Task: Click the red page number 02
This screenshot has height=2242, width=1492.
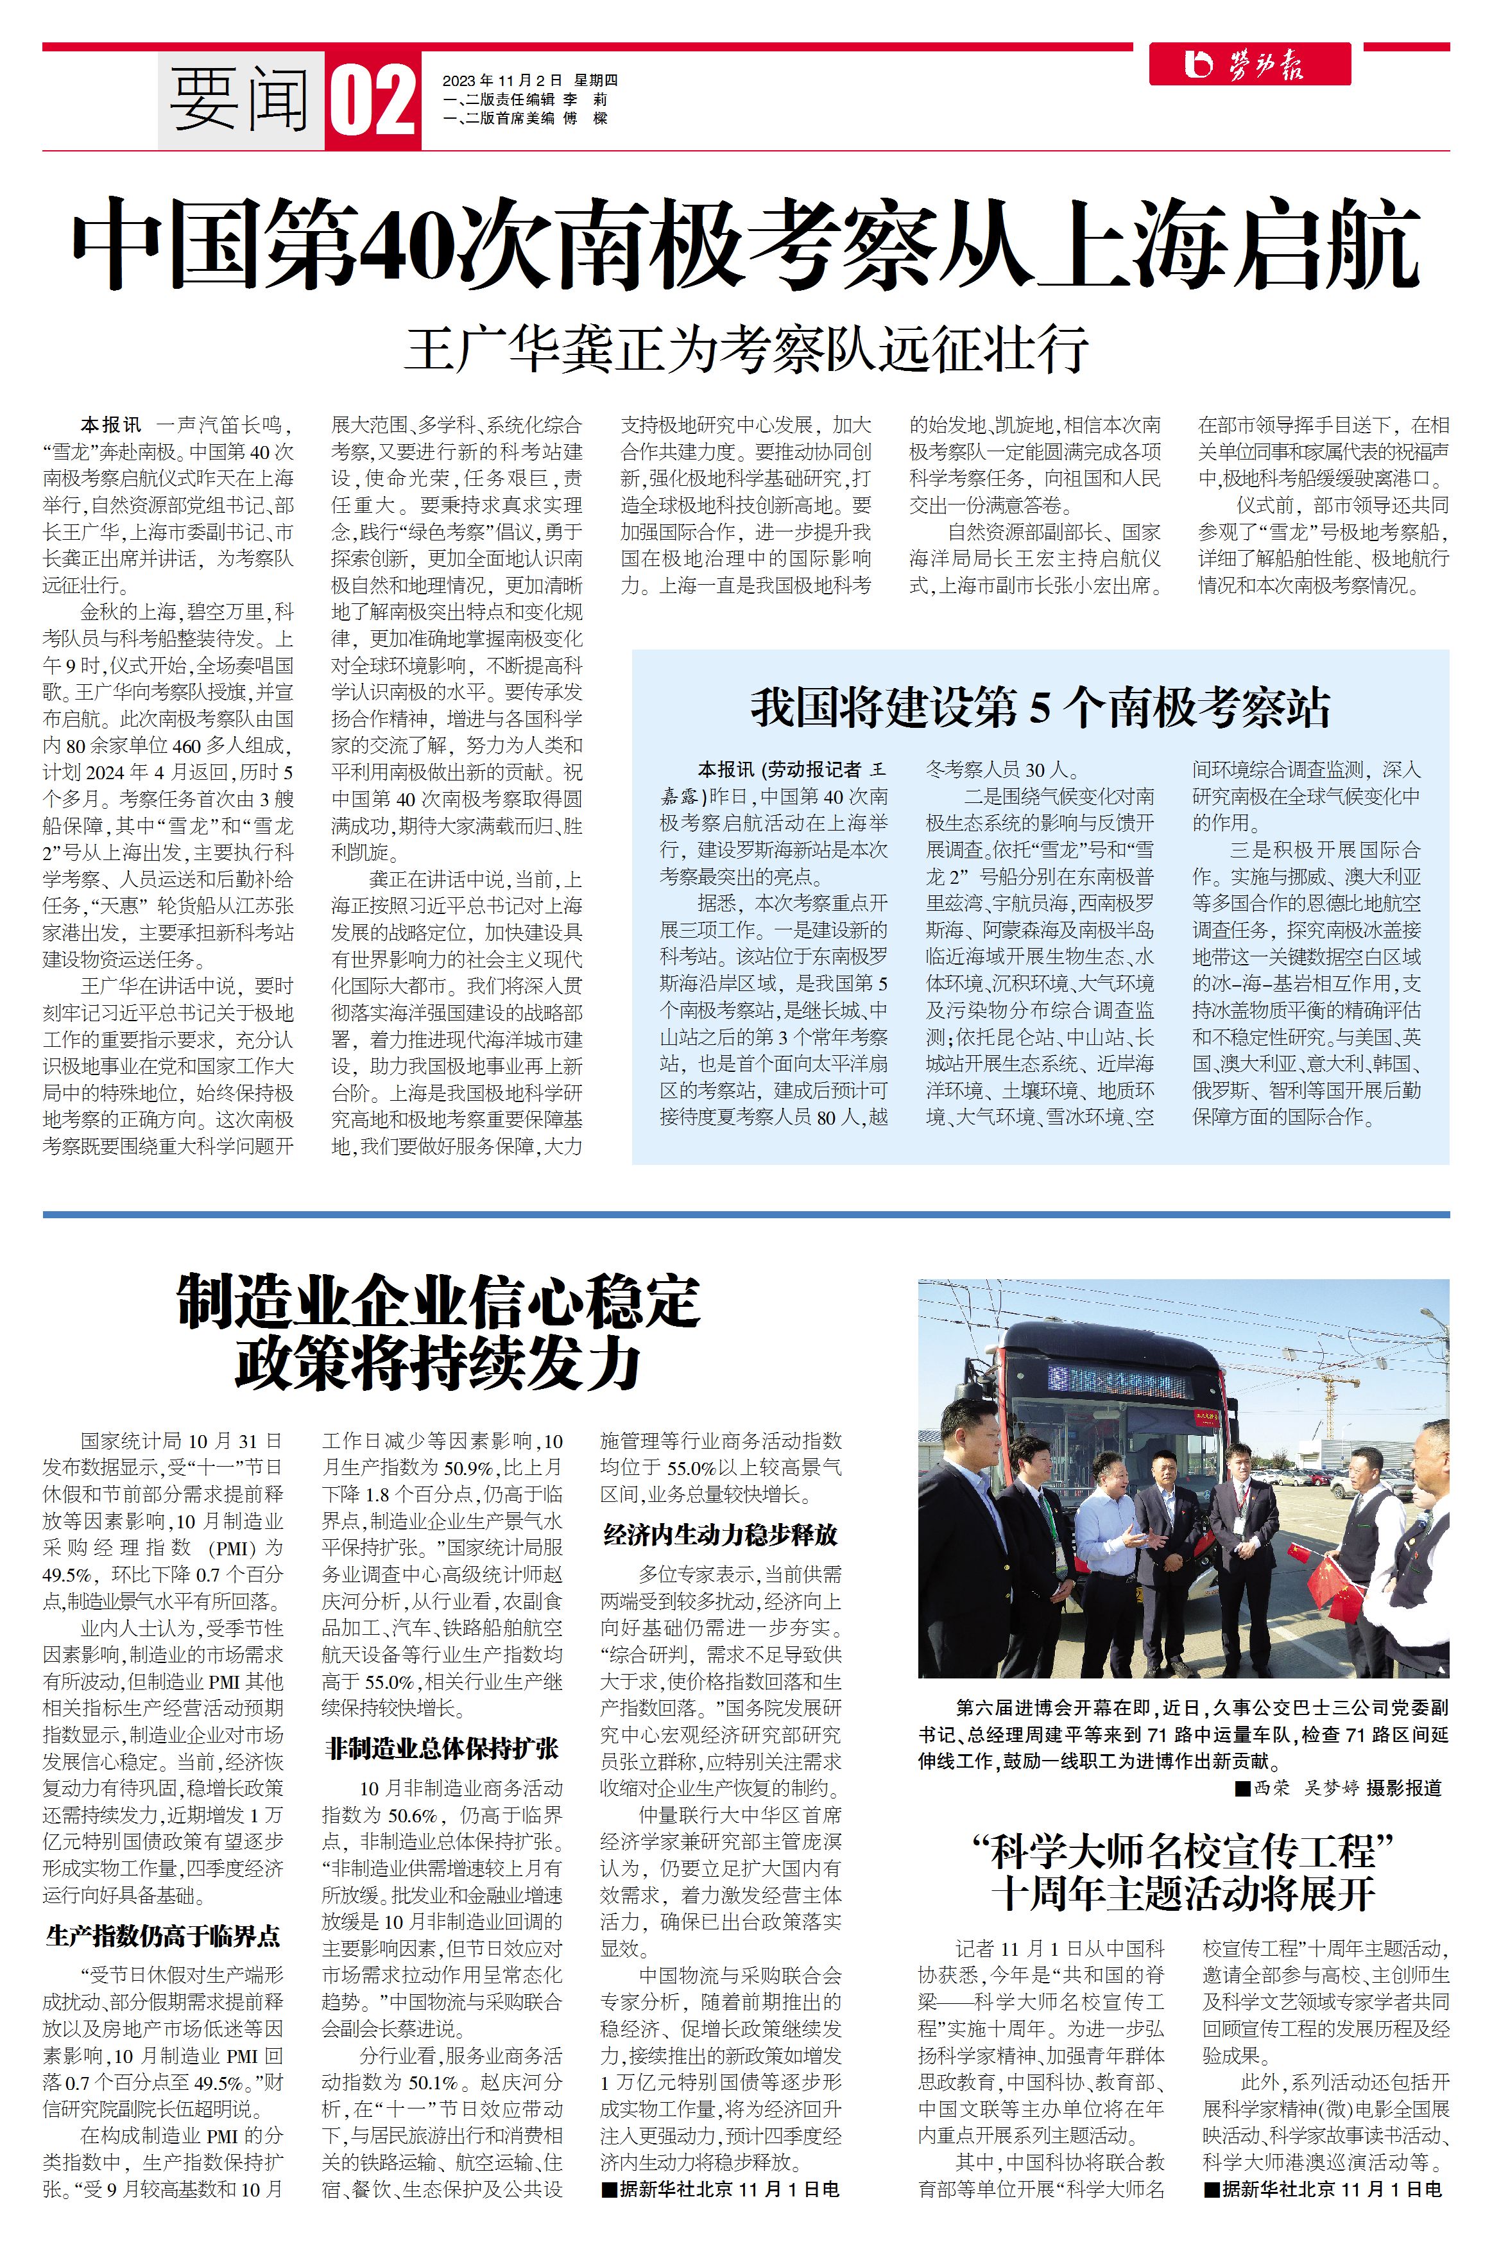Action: coord(373,101)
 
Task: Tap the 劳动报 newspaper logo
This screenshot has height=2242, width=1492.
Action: coord(1249,65)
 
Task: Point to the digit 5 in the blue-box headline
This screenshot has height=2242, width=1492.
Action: coord(1040,708)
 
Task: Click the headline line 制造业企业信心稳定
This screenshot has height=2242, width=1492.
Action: coord(439,1302)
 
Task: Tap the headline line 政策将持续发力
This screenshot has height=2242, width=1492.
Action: coord(439,1363)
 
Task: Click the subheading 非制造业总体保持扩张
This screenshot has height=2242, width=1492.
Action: coord(442,1748)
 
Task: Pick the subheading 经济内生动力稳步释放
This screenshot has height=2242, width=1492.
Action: coord(720,1534)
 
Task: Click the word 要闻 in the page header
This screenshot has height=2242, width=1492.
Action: coord(240,101)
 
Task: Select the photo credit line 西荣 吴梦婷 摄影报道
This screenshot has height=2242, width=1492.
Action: coord(1339,1788)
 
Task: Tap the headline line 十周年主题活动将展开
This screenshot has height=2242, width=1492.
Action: coord(1183,1893)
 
